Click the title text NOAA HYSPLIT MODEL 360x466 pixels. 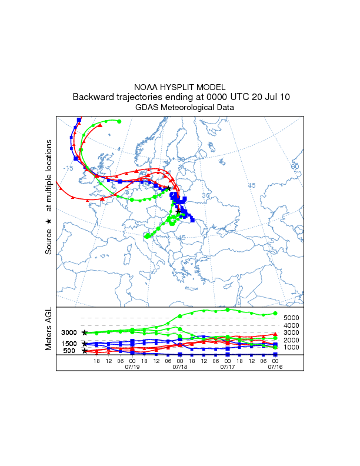point(180,87)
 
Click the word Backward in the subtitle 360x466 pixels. point(93,97)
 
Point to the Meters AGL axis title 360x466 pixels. point(49,329)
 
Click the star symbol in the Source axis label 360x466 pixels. point(49,221)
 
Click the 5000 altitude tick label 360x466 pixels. point(292,318)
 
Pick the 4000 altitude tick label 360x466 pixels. point(292,325)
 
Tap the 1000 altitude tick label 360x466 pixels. point(292,347)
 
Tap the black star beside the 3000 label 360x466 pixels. point(85,332)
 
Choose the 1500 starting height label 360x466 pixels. point(68,344)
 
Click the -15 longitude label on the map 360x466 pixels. point(68,168)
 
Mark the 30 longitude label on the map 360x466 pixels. point(205,195)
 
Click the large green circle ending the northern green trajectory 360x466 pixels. point(119,121)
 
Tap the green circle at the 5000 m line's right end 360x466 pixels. point(275,314)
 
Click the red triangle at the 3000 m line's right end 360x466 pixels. point(275,334)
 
